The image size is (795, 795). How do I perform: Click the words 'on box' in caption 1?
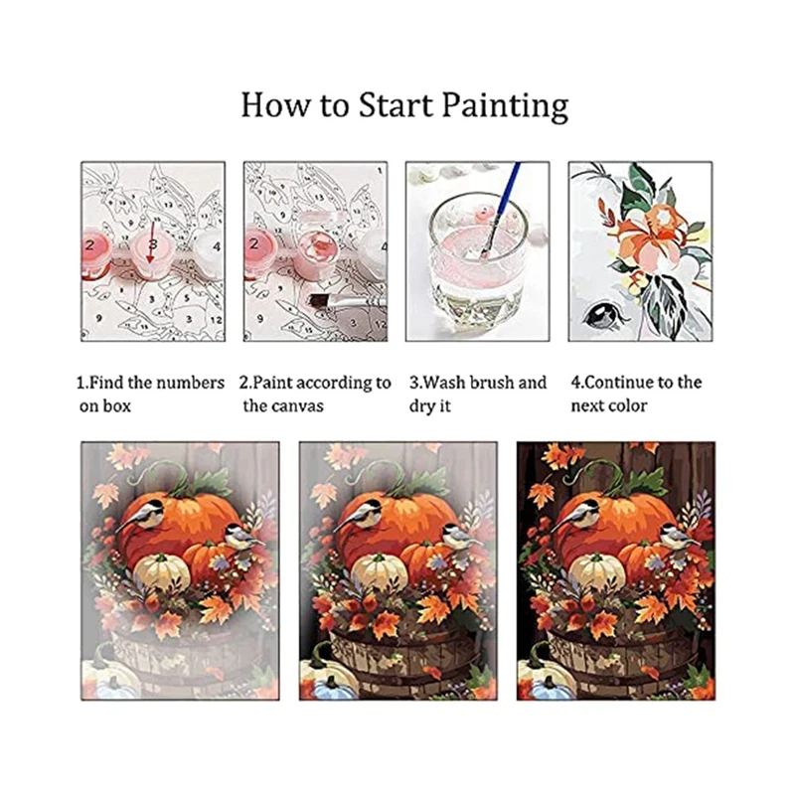(105, 405)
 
